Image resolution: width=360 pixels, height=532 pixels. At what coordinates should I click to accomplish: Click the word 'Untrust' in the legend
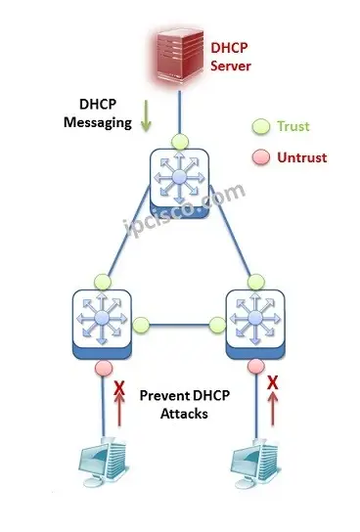tap(302, 156)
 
